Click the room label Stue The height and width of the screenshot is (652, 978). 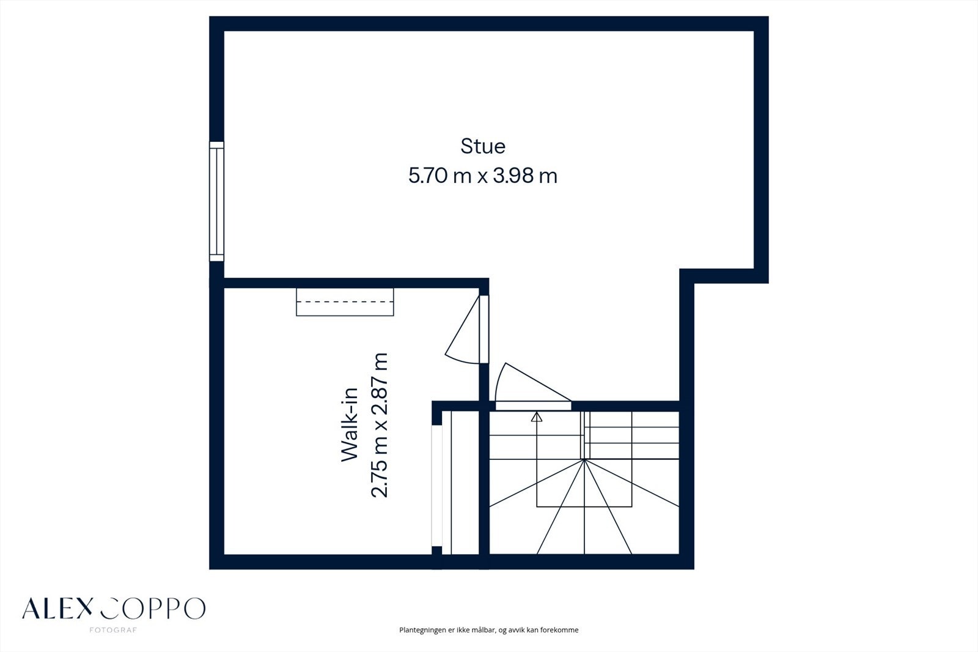coord(483,147)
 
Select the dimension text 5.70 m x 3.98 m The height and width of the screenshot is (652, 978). coord(483,177)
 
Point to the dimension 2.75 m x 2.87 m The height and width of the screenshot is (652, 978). coord(380,425)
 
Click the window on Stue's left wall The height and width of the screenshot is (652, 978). coord(216,201)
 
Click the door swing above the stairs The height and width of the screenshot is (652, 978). coord(526,382)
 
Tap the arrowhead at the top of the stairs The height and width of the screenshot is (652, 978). coord(537,417)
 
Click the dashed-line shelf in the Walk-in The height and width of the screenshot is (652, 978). coord(345,302)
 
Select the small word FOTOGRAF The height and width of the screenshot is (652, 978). coord(113,630)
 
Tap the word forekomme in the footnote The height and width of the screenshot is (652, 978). coord(559,630)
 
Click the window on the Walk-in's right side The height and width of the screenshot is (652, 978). coord(436,486)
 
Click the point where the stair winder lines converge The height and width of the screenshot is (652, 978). coord(585,459)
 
